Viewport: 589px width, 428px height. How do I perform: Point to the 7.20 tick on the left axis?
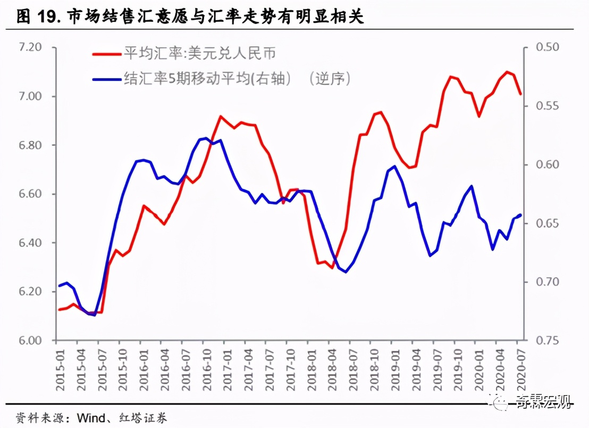(30, 48)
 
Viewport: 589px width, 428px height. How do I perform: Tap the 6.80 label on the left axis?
(30, 145)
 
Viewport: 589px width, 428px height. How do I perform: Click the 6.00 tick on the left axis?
(30, 341)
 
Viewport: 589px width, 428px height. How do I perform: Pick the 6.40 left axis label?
(30, 243)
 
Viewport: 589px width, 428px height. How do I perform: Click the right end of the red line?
(521, 94)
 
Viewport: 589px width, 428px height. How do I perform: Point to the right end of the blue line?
(520, 215)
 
